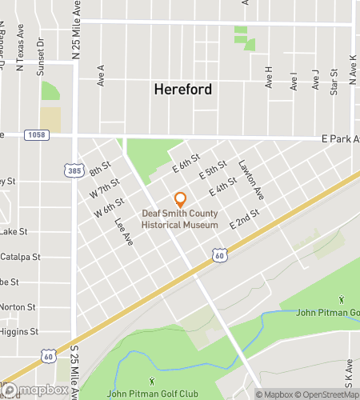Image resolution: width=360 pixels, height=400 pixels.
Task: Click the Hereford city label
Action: [x=182, y=90]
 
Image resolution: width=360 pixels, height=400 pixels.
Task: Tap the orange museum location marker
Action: [x=180, y=200]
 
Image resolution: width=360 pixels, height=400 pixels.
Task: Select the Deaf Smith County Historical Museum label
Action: [x=180, y=219]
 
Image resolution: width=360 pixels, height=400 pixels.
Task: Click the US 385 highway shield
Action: [x=74, y=170]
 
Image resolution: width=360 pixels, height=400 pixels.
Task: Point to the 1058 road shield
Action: [x=34, y=135]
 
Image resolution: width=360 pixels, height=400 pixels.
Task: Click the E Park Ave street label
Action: [x=340, y=138]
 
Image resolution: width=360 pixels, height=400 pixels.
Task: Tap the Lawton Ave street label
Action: [x=250, y=179]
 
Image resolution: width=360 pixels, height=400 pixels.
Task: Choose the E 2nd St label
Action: [x=245, y=222]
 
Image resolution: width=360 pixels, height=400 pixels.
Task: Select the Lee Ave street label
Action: [x=122, y=231]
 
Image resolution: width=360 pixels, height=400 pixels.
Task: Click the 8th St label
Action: [x=99, y=171]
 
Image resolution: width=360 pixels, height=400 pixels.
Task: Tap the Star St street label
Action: [x=334, y=83]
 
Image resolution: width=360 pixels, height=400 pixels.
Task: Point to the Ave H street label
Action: [x=269, y=78]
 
